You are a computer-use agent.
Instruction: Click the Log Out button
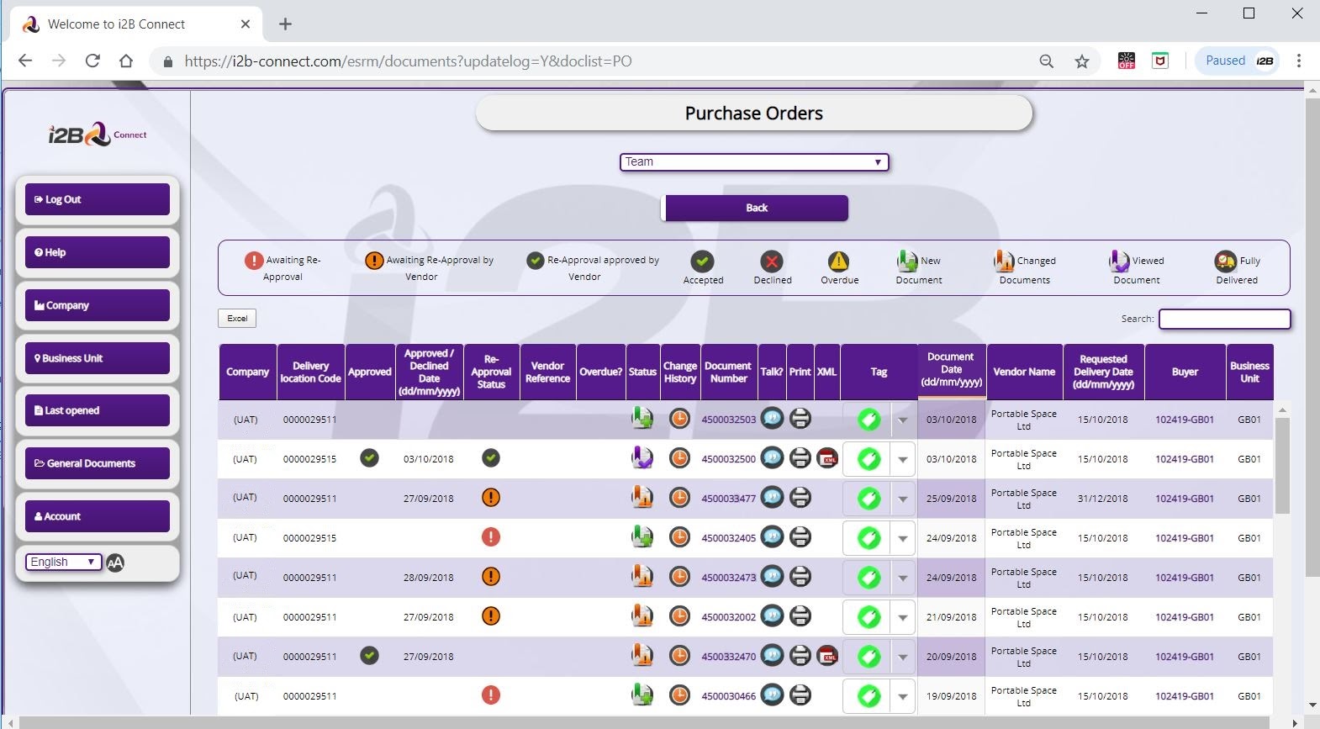[98, 199]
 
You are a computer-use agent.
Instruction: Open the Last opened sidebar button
[98, 410]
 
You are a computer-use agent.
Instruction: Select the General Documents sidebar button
[98, 463]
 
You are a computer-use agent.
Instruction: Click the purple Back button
[757, 208]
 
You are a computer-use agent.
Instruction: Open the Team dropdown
[754, 162]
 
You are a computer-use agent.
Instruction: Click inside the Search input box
[1224, 319]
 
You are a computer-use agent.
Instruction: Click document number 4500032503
[728, 420]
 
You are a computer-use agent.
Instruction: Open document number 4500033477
[728, 499]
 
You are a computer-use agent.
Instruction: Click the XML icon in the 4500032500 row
[827, 458]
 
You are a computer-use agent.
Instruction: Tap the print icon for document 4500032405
[800, 537]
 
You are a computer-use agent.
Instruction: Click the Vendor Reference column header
[547, 372]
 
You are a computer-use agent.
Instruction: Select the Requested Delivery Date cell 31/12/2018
[1102, 499]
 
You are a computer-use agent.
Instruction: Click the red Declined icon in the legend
[771, 261]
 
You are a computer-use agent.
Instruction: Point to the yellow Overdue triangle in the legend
[838, 261]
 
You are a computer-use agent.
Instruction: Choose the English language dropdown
[63, 563]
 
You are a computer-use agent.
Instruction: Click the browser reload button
[92, 61]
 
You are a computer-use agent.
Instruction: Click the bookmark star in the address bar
[1081, 61]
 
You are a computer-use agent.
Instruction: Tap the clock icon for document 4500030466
[679, 695]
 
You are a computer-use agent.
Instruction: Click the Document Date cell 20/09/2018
[951, 657]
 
